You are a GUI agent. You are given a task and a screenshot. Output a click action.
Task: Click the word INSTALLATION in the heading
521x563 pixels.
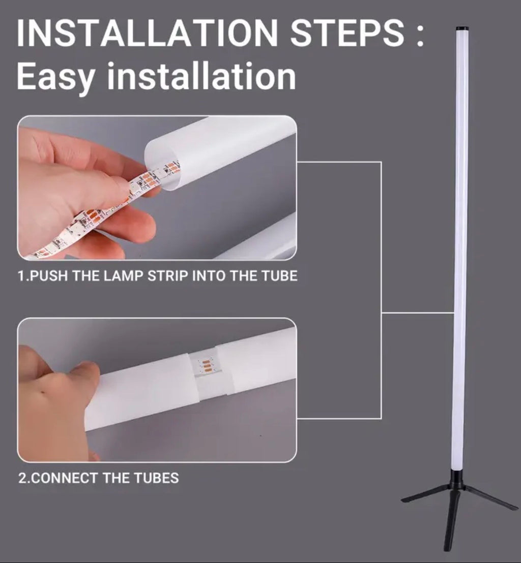tap(148, 34)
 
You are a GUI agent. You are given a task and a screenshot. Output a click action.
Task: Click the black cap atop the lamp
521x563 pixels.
tap(461, 29)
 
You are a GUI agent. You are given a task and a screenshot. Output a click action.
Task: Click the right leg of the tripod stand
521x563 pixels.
tap(491, 498)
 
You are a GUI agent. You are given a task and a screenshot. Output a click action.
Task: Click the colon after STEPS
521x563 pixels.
tap(419, 34)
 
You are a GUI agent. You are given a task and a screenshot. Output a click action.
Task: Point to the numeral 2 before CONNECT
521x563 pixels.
tap(22, 478)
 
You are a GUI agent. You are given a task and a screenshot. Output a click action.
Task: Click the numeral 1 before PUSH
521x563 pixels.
tap(21, 276)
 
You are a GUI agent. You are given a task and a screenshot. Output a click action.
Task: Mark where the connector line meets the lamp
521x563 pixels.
tap(454, 313)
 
